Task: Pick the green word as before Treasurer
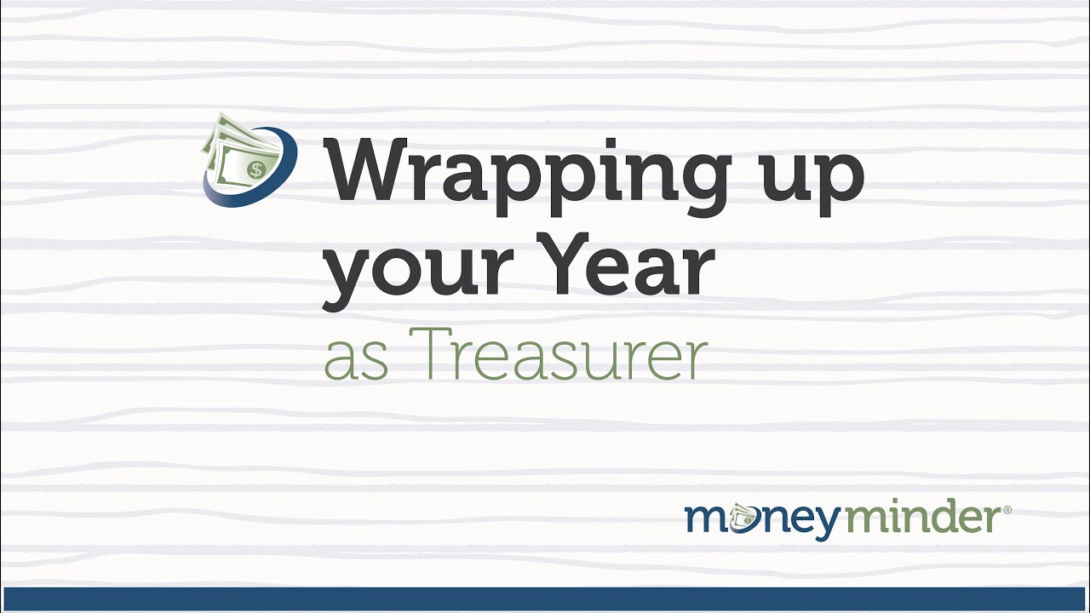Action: (355, 361)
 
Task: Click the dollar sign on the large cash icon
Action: (255, 169)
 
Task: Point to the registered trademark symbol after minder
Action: (1008, 510)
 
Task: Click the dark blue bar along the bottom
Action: (545, 599)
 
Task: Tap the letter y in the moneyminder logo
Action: (825, 523)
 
